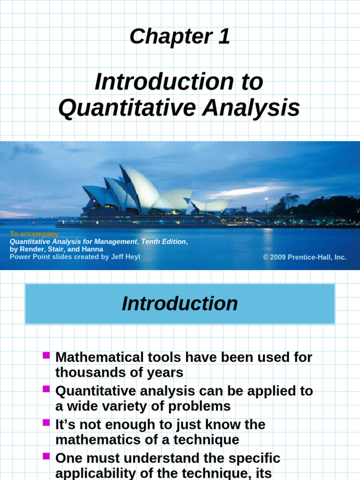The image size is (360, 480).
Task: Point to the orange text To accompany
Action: pyautogui.click(x=34, y=234)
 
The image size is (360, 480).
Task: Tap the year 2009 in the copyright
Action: pyautogui.click(x=277, y=257)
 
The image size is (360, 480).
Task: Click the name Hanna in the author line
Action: pyautogui.click(x=93, y=249)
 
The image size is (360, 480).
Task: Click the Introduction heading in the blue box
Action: pyautogui.click(x=180, y=304)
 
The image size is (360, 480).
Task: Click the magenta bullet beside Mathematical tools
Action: pyautogui.click(x=46, y=355)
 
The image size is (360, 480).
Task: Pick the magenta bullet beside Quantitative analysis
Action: pyautogui.click(x=46, y=389)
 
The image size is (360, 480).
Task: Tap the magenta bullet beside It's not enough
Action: pyautogui.click(x=46, y=423)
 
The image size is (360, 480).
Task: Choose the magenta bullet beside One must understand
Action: pyautogui.click(x=46, y=456)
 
